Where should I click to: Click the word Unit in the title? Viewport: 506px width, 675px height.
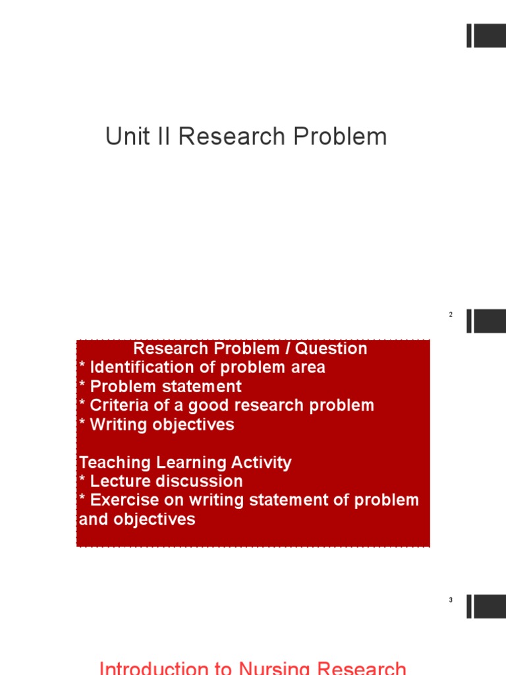[124, 137]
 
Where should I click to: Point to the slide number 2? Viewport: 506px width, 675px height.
[451, 315]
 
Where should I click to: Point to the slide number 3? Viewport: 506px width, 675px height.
[451, 601]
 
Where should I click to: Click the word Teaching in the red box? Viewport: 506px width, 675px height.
[113, 463]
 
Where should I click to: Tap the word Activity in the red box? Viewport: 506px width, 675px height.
[259, 463]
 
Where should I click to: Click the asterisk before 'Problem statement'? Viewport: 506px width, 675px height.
[82, 385]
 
